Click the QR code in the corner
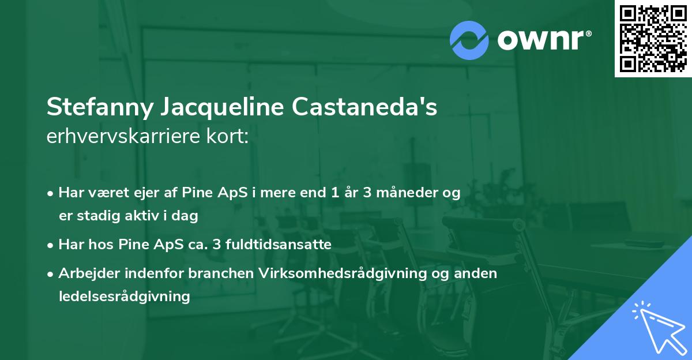point(653,39)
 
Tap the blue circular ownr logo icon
point(469,40)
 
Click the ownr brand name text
point(543,40)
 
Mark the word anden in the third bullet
point(479,273)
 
